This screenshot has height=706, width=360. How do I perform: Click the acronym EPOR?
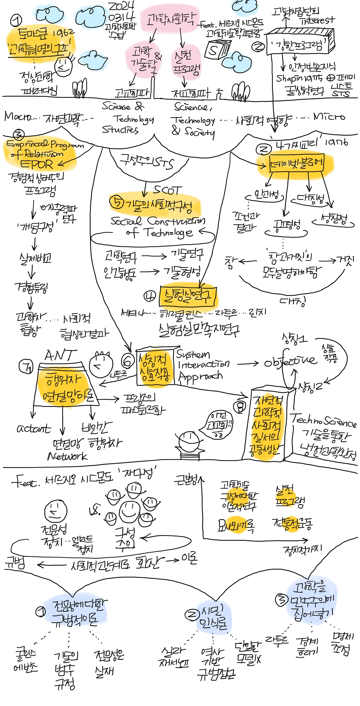tap(37, 164)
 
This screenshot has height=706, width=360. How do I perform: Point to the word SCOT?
tap(168, 190)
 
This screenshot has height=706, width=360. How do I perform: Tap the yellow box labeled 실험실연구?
tap(188, 296)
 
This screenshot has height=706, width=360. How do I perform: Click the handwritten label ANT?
tap(60, 355)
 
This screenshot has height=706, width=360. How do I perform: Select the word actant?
tap(34, 429)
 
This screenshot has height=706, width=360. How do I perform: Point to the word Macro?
tap(17, 116)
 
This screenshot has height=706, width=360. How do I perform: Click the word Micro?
tap(329, 116)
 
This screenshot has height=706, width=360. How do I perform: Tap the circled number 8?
tap(240, 407)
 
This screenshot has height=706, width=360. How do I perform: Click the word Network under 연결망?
tap(67, 456)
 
